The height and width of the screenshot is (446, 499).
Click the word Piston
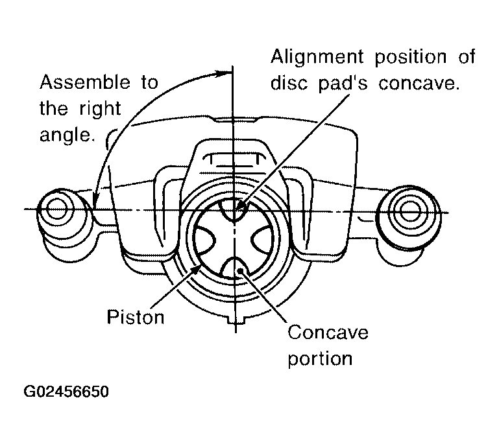(136, 317)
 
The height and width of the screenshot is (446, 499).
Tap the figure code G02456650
(66, 392)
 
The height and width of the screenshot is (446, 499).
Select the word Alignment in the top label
(317, 58)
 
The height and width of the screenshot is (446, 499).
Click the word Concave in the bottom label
(328, 332)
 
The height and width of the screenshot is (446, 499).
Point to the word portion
(320, 359)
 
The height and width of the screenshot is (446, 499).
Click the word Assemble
(85, 82)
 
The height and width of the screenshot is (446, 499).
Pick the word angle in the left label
(67, 135)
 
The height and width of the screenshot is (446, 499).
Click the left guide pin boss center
(57, 209)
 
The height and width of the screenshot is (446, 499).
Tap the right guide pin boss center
(409, 211)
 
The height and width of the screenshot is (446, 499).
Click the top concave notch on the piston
(235, 211)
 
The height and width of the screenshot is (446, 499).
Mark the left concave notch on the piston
(205, 240)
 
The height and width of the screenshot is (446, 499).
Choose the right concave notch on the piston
(263, 239)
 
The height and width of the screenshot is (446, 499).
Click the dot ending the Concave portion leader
(241, 270)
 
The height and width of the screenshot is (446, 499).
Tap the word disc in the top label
(289, 83)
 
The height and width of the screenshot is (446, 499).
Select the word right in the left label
(100, 109)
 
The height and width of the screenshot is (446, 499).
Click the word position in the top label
(411, 58)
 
